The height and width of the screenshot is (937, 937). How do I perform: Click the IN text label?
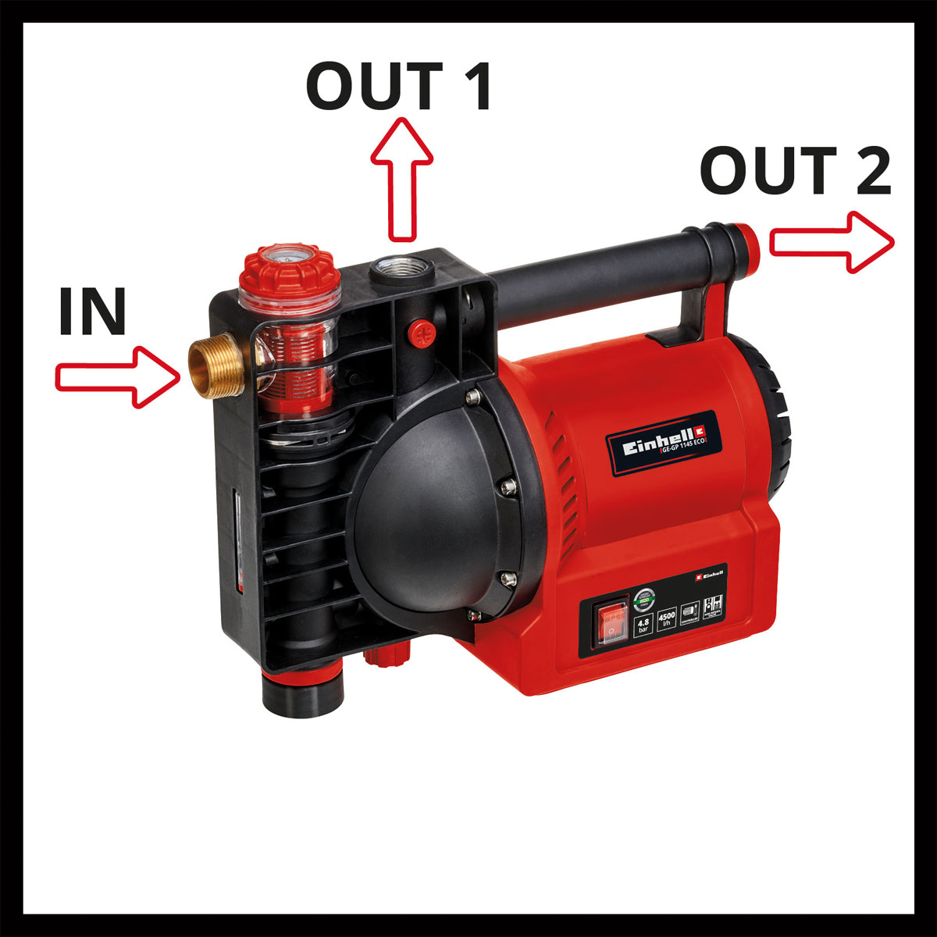tap(92, 312)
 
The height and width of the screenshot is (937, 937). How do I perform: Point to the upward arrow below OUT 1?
tap(402, 180)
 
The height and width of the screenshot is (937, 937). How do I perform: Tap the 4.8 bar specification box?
tap(643, 625)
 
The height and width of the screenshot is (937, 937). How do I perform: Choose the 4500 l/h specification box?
tap(667, 622)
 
